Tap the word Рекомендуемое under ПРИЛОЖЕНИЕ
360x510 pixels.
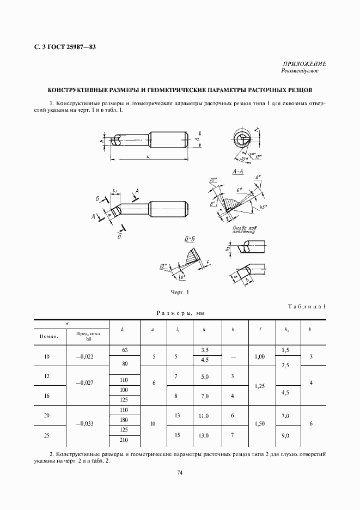[300, 71]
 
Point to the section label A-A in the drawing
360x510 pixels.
[237, 172]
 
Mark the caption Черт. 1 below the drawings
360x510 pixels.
[180, 293]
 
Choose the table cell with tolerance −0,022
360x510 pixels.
[87, 357]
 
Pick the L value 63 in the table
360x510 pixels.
[125, 350]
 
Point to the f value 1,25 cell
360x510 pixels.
[260, 386]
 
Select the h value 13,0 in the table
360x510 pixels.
[205, 435]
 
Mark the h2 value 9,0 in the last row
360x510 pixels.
[286, 435]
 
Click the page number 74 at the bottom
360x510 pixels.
[180, 473]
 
